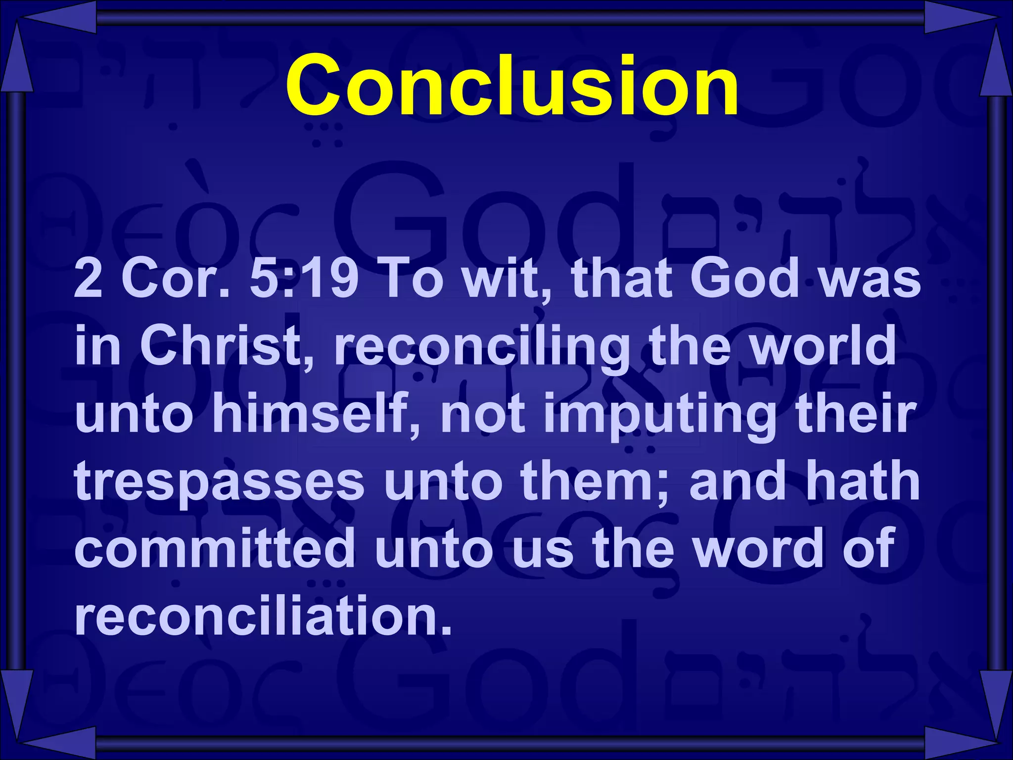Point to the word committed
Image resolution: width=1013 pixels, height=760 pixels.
215,549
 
